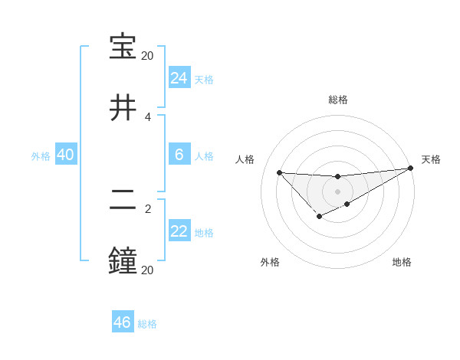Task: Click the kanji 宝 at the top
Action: click(x=123, y=47)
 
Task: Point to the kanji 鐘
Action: click(x=123, y=260)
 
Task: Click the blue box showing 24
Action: click(x=179, y=78)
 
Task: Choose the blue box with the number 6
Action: click(x=179, y=155)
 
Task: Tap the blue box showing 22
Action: click(x=179, y=231)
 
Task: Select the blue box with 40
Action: click(x=65, y=155)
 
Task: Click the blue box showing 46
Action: click(x=122, y=322)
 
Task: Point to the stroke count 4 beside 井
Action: click(x=148, y=117)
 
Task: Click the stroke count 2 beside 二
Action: click(x=148, y=208)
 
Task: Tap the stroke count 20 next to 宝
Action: click(x=147, y=56)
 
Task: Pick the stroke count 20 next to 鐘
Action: click(x=147, y=270)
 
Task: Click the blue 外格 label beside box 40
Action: click(x=41, y=156)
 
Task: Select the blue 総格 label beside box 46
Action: click(x=147, y=324)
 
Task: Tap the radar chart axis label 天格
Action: click(x=431, y=159)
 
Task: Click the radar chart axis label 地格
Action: click(x=402, y=262)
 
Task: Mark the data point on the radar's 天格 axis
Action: click(x=411, y=169)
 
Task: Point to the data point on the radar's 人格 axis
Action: click(x=279, y=172)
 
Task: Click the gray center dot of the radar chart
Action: click(x=337, y=191)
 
